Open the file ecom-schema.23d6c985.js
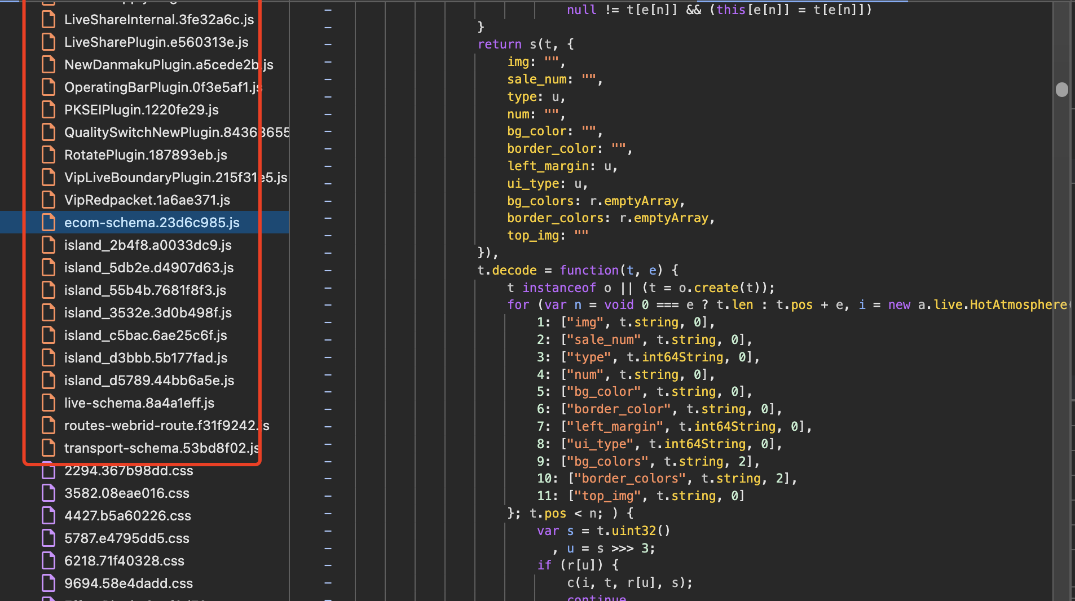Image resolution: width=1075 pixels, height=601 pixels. [151, 223]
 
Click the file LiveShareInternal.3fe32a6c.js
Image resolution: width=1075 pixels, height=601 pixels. [158, 20]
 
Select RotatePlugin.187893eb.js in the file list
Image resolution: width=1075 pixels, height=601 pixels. [146, 155]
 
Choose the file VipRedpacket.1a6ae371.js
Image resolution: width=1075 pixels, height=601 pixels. [147, 200]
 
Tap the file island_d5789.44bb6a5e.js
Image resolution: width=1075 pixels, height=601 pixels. [149, 381]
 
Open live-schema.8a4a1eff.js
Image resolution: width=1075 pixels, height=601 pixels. [139, 403]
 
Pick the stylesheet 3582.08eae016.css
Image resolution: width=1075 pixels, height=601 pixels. [126, 493]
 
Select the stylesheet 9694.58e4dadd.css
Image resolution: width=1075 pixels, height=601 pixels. [128, 584]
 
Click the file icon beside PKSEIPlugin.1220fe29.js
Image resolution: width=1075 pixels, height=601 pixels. [49, 110]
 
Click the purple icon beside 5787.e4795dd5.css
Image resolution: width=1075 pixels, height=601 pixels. [49, 538]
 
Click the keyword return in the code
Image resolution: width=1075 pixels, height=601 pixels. [499, 45]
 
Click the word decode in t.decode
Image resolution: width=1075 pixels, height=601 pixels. [514, 271]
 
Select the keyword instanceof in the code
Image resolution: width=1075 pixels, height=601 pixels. [558, 288]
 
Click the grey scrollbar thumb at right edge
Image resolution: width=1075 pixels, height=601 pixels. [1061, 90]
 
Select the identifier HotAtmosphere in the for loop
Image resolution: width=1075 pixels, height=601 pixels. [1019, 305]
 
